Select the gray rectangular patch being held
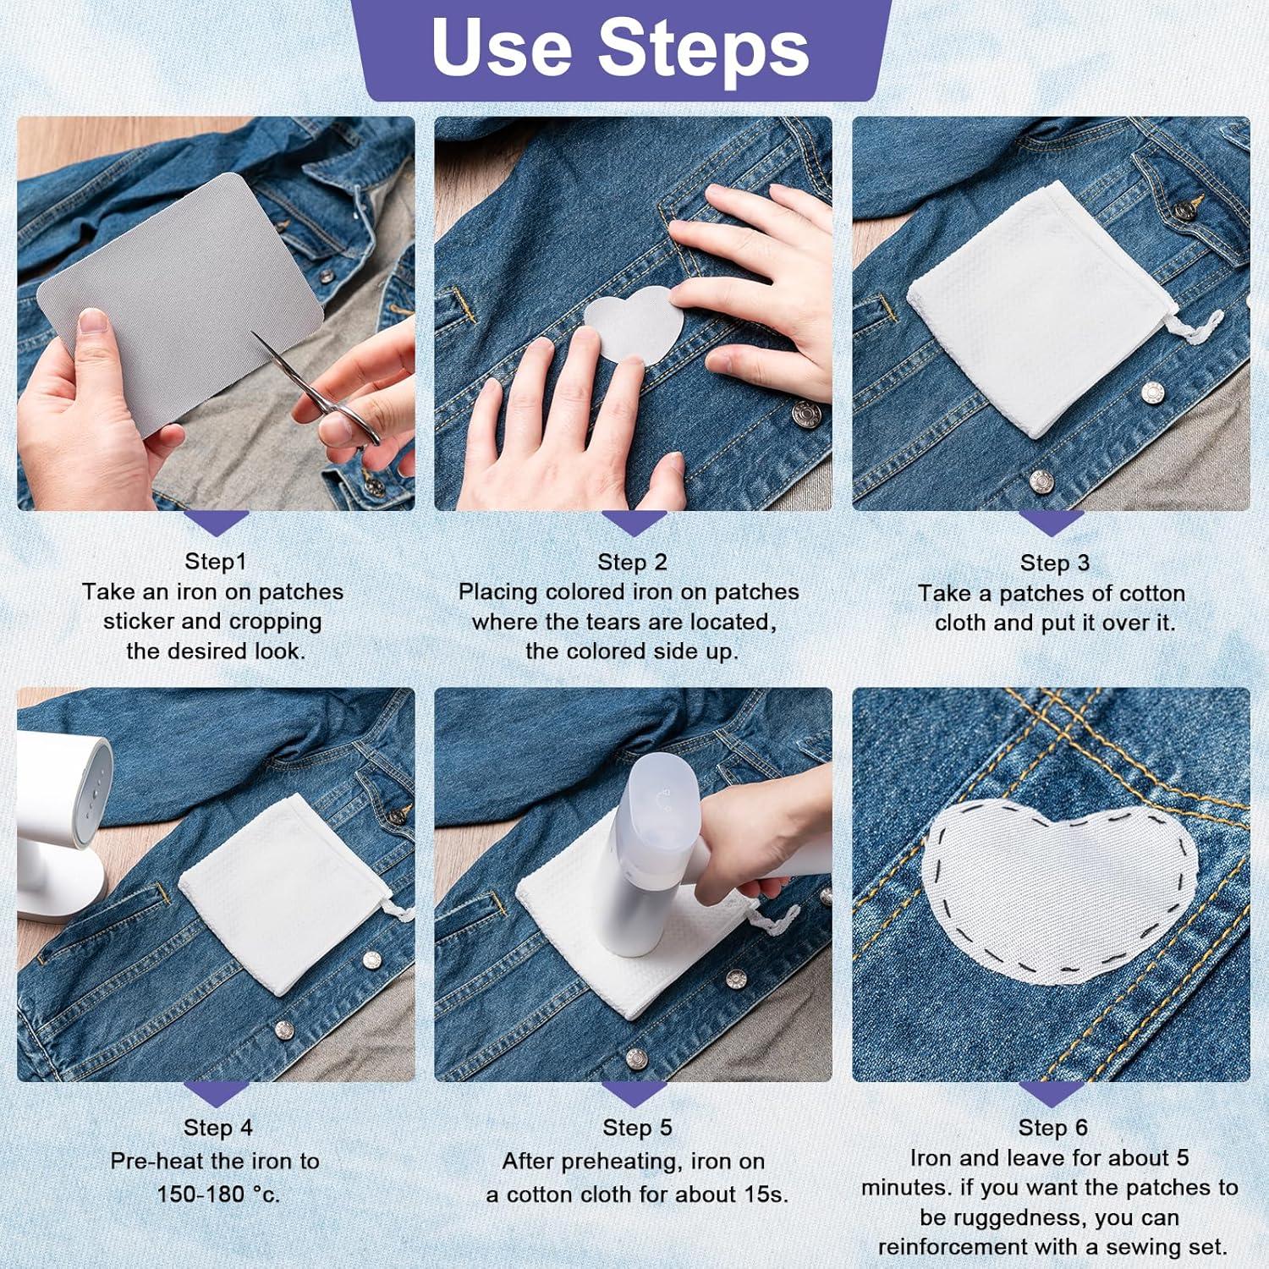[181, 305]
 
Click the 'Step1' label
[215, 562]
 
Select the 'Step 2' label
[632, 562]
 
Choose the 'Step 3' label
[1054, 563]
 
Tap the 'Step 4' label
[217, 1128]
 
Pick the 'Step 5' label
[637, 1128]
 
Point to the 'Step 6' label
[1052, 1128]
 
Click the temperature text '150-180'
[194, 1195]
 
